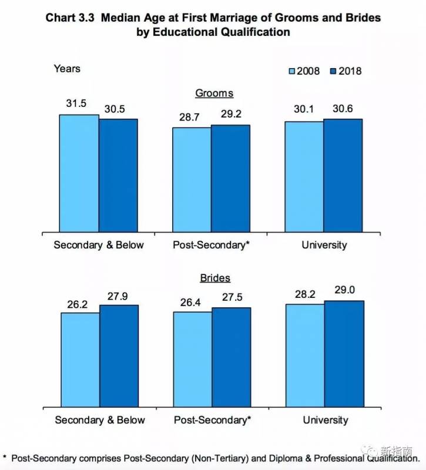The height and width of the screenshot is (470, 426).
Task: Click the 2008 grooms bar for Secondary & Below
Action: click(x=79, y=173)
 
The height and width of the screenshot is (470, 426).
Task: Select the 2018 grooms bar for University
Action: click(x=343, y=176)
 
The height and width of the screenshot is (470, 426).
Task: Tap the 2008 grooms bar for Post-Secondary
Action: click(x=192, y=180)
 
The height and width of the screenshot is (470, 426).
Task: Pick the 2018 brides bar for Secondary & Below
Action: click(x=119, y=356)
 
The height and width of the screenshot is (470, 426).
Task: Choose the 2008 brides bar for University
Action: click(x=304, y=355)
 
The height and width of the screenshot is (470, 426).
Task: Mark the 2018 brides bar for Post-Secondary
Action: click(x=232, y=357)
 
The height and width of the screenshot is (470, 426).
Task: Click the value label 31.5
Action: click(x=76, y=103)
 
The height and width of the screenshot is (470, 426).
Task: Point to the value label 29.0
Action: click(x=343, y=290)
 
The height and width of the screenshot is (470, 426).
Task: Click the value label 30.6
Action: click(x=343, y=109)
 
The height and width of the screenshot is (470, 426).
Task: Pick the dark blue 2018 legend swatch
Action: click(x=333, y=71)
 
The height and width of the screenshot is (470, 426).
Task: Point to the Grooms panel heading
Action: click(x=214, y=93)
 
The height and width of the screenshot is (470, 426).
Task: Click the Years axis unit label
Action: click(x=67, y=69)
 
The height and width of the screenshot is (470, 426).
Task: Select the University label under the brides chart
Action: click(x=325, y=420)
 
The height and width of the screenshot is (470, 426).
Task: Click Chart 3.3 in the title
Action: click(x=70, y=18)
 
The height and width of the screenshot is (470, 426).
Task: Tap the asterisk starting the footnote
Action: click(x=5, y=457)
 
